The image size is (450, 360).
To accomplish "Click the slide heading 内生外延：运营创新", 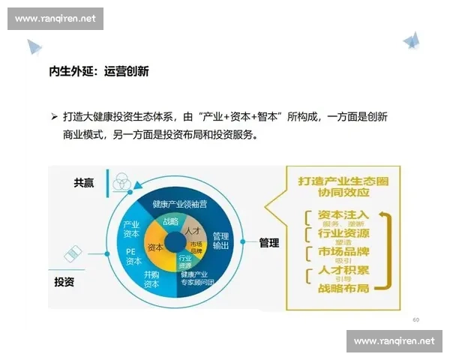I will (98, 72).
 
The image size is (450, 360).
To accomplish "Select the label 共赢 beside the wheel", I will (84, 183).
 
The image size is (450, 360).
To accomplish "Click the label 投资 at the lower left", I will (64, 282).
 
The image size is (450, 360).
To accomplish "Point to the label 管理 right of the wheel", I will (269, 242).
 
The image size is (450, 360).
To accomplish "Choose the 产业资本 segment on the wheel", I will (133, 229).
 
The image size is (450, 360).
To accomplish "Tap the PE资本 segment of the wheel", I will (133, 256).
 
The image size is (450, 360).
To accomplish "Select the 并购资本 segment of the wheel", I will (151, 280).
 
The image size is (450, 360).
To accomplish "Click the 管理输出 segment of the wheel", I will (220, 239).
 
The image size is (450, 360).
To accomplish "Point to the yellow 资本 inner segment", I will (156, 247).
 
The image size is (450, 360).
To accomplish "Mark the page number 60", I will (415, 319).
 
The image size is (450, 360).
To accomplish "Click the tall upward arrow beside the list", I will (388, 251).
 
